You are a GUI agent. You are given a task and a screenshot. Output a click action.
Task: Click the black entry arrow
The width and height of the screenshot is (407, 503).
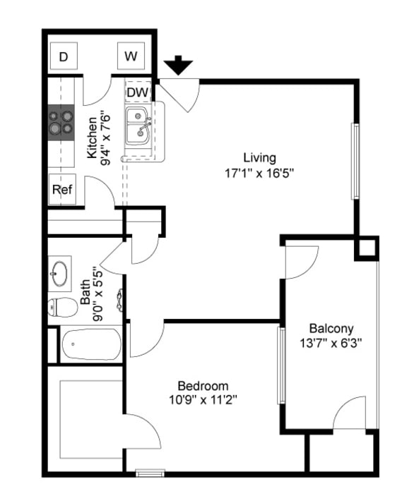click(x=179, y=66)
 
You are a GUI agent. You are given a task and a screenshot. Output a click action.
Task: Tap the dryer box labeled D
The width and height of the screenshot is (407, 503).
click(x=63, y=56)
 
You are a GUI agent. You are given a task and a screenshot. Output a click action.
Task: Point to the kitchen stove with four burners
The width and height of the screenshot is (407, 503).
click(x=61, y=121)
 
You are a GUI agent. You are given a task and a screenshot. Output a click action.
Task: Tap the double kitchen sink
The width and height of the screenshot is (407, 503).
click(x=138, y=126)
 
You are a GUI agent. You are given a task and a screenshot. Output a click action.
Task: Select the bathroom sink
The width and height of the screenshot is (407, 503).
click(x=59, y=272)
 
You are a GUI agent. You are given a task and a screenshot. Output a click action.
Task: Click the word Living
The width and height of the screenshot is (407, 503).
click(x=259, y=157)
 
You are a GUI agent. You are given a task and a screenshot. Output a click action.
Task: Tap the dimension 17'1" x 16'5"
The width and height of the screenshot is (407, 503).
click(x=259, y=171)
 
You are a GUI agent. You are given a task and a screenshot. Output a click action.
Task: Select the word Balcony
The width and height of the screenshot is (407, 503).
click(x=331, y=328)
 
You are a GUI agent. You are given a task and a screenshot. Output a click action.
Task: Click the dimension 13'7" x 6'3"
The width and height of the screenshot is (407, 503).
click(x=331, y=343)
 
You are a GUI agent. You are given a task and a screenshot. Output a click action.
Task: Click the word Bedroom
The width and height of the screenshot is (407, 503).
click(x=203, y=386)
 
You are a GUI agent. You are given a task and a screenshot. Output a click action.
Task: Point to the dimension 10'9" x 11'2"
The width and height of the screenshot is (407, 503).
click(x=203, y=400)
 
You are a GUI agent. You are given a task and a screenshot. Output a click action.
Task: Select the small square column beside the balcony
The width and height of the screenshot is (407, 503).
click(x=367, y=248)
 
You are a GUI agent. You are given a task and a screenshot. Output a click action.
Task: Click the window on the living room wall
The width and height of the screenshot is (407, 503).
click(x=355, y=162)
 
